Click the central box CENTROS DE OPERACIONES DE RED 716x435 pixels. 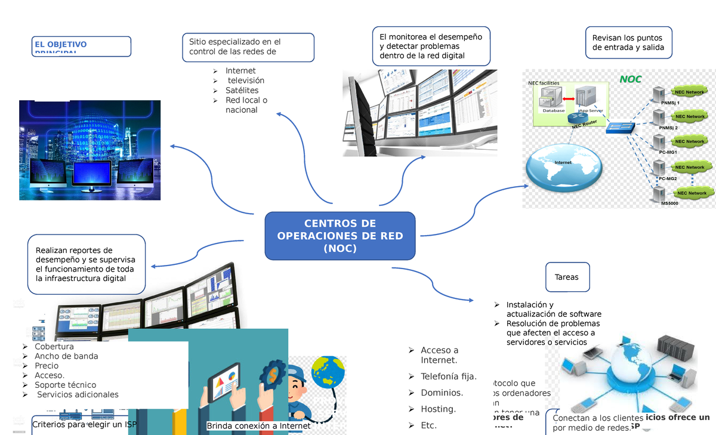point(340,236)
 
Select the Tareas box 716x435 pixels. point(567,277)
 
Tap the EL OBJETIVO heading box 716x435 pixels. point(82,46)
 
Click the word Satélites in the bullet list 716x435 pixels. point(242,90)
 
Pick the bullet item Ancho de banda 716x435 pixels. point(66,356)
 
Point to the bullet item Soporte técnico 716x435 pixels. point(65,385)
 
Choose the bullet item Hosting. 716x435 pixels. point(438,409)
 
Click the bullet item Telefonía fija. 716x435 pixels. point(449,377)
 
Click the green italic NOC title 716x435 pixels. point(630,79)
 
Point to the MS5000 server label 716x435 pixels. point(669,203)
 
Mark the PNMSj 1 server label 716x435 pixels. point(669,103)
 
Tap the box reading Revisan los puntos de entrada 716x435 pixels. point(628,43)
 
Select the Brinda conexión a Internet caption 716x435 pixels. point(258,426)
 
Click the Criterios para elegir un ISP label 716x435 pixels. point(84,424)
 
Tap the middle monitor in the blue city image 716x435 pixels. point(91,175)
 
